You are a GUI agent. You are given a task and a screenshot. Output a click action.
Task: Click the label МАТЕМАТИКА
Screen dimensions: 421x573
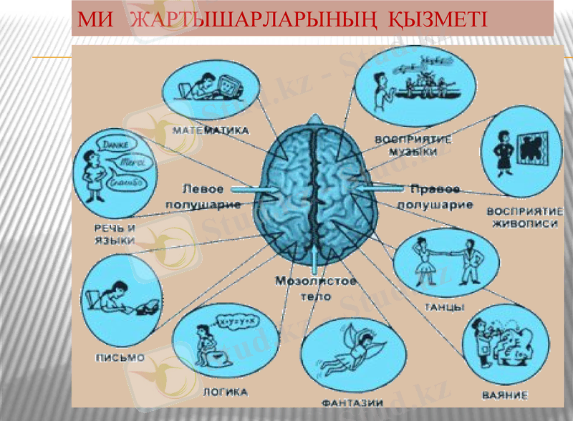pyautogui.click(x=211, y=131)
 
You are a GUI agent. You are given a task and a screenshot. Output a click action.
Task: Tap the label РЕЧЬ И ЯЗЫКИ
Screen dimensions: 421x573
pyautogui.click(x=115, y=234)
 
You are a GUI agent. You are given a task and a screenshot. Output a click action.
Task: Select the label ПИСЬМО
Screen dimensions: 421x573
pyautogui.click(x=120, y=356)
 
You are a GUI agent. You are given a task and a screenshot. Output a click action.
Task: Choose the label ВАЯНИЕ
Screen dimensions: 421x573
pyautogui.click(x=505, y=395)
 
